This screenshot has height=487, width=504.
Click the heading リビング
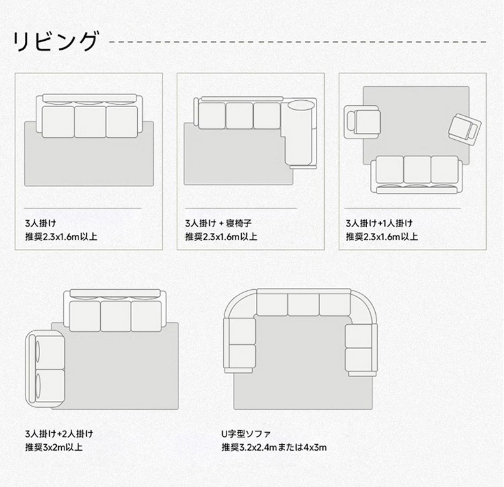tap(55, 41)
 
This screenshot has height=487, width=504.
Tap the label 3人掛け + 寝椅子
tap(218, 223)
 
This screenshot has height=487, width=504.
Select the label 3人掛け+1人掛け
tap(379, 223)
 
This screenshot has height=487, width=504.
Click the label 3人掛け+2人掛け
tap(59, 434)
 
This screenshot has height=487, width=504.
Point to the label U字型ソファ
tap(246, 434)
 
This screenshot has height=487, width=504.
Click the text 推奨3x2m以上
tap(54, 447)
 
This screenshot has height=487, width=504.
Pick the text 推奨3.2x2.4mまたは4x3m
tap(274, 447)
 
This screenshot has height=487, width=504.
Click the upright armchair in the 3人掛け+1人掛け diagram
tap(362, 123)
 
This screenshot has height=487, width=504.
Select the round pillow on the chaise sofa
tap(300, 105)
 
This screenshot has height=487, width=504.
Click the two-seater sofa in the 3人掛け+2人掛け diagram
tap(45, 369)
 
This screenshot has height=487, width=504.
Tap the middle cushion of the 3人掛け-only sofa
tap(90, 122)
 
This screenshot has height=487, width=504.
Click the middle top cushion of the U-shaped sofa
tap(304, 304)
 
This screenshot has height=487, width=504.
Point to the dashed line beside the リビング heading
tap(298, 42)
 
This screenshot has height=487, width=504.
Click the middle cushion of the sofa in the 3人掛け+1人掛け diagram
tap(417, 170)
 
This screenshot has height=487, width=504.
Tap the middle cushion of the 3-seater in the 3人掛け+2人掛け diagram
tap(115, 316)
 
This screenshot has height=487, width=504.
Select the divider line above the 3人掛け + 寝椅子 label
tap(241, 208)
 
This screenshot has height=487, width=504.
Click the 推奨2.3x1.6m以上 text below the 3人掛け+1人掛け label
tap(382, 237)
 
